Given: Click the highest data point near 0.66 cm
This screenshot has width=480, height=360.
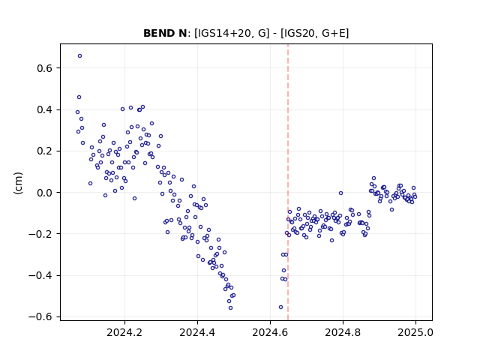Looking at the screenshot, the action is click(80, 56).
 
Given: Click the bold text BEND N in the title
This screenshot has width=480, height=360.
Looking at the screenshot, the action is click(165, 33).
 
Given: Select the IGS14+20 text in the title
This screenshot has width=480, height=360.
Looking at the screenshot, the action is click(223, 33).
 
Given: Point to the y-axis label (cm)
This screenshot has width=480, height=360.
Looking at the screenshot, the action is click(18, 183).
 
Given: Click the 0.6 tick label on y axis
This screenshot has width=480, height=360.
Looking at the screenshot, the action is click(45, 68).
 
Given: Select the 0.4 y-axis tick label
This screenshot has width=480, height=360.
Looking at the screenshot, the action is click(45, 109).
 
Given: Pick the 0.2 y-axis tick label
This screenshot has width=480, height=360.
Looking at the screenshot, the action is click(45, 151).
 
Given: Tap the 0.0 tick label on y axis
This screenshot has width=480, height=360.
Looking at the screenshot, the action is click(45, 193).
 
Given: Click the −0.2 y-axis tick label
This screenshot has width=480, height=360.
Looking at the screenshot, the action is click(40, 234).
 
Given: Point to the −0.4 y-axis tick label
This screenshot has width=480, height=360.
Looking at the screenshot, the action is click(40, 275).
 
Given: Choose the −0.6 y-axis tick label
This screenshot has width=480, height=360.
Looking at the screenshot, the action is click(40, 316).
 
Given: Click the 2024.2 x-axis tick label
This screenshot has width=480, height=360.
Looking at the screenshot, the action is click(124, 332).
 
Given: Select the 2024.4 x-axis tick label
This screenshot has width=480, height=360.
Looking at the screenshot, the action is click(197, 332).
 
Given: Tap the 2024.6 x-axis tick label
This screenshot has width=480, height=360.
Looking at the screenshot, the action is click(270, 332).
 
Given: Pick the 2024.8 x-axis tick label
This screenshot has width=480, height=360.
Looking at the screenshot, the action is click(343, 332).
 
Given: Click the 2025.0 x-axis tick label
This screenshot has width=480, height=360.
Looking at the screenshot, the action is click(415, 332).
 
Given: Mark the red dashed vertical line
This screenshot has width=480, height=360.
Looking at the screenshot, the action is click(288, 182).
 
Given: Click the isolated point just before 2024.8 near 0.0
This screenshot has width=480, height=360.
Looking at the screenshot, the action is click(340, 193).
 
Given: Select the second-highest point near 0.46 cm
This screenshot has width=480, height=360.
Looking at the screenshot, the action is click(79, 97).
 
